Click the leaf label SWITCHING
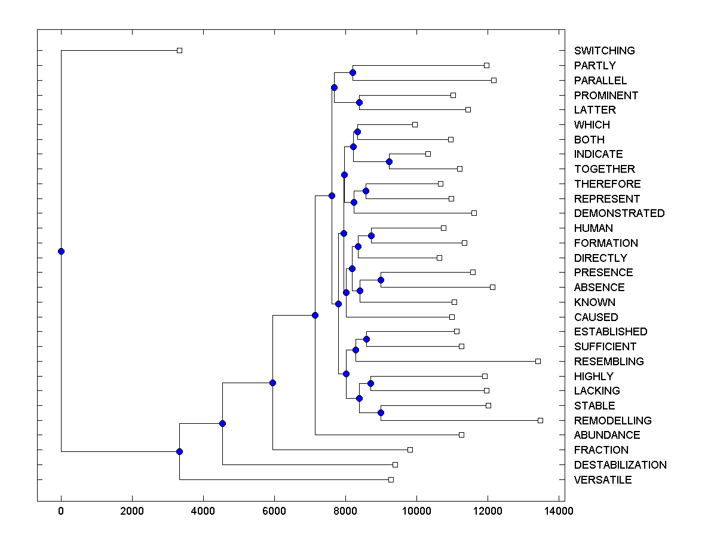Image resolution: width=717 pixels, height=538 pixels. (604, 51)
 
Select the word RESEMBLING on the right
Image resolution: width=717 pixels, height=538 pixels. (609, 362)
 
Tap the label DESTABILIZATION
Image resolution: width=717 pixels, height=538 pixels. (620, 465)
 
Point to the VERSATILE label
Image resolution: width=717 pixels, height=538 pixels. (603, 480)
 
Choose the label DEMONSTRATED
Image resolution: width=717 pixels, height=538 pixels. (619, 213)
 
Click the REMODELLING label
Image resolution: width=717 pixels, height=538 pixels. (612, 421)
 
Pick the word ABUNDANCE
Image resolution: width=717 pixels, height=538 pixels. (607, 435)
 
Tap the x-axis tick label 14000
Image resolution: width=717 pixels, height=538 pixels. (559, 511)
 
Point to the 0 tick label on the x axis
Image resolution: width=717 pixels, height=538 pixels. (61, 511)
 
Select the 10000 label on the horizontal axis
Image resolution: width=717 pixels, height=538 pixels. (416, 511)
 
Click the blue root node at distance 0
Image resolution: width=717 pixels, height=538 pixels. (61, 251)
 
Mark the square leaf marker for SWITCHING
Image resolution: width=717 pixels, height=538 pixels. (179, 50)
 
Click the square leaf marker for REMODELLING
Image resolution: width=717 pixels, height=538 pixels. (540, 420)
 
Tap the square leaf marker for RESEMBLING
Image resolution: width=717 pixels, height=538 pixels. (538, 361)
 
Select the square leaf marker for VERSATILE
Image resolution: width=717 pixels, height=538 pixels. (391, 479)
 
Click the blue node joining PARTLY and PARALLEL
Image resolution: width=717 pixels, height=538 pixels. (353, 72)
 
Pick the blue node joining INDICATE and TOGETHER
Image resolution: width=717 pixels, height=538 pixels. (389, 161)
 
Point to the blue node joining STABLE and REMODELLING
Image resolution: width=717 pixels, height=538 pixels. (381, 412)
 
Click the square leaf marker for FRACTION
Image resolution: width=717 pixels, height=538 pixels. (410, 450)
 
